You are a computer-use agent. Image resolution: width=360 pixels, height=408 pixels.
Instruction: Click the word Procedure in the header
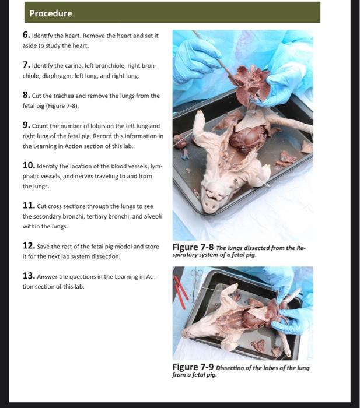pyautogui.click(x=51, y=13)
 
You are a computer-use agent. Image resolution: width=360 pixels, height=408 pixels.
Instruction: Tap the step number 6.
pyautogui.click(x=26, y=35)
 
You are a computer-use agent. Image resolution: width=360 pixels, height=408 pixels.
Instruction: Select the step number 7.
pyautogui.click(x=26, y=65)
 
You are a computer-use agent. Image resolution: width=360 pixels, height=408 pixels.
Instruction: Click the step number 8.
pyautogui.click(x=26, y=95)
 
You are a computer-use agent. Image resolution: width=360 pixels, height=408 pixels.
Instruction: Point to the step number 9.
pyautogui.click(x=26, y=125)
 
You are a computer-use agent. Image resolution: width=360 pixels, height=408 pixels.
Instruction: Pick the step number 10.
pyautogui.click(x=29, y=166)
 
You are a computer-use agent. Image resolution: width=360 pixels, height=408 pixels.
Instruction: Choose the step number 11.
pyautogui.click(x=29, y=206)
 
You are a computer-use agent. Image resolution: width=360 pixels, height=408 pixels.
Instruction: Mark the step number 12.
pyautogui.click(x=29, y=245)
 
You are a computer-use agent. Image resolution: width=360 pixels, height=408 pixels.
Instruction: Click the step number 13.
pyautogui.click(x=29, y=276)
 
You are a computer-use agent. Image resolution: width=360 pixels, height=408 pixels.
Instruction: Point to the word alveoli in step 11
pyautogui.click(x=153, y=216)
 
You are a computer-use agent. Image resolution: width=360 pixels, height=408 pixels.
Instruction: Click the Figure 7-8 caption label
pyautogui.click(x=193, y=247)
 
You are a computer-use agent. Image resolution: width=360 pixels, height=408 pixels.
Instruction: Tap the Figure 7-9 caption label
pyautogui.click(x=193, y=367)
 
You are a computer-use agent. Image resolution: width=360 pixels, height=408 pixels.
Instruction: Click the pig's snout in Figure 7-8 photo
pyautogui.click(x=211, y=206)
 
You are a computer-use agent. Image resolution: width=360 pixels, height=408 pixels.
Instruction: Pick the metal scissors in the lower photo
pyautogui.click(x=196, y=284)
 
